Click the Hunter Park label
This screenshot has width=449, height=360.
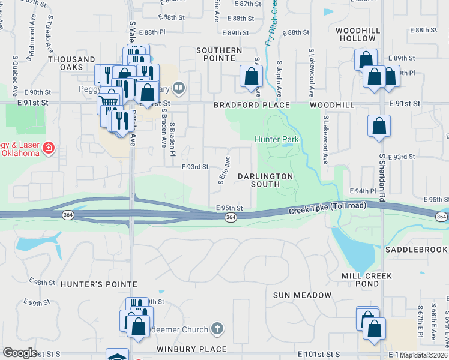[x=276, y=139]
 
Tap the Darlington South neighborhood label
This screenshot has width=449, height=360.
[x=265, y=180]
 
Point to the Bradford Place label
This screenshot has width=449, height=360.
[x=252, y=105]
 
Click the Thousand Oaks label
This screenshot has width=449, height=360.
[x=71, y=59]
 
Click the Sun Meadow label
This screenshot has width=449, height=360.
[x=302, y=295]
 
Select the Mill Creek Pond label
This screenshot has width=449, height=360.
[x=366, y=280]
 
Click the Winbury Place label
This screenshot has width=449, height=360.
[x=192, y=349]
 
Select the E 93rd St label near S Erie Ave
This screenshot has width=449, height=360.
[x=194, y=167]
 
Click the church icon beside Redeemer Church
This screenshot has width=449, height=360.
[x=217, y=329]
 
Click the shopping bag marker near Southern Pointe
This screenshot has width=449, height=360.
[x=251, y=77]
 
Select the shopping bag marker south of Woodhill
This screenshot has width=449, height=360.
[x=379, y=127]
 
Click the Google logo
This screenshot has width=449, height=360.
[x=20, y=353]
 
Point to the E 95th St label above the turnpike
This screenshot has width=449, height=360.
[x=229, y=208]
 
